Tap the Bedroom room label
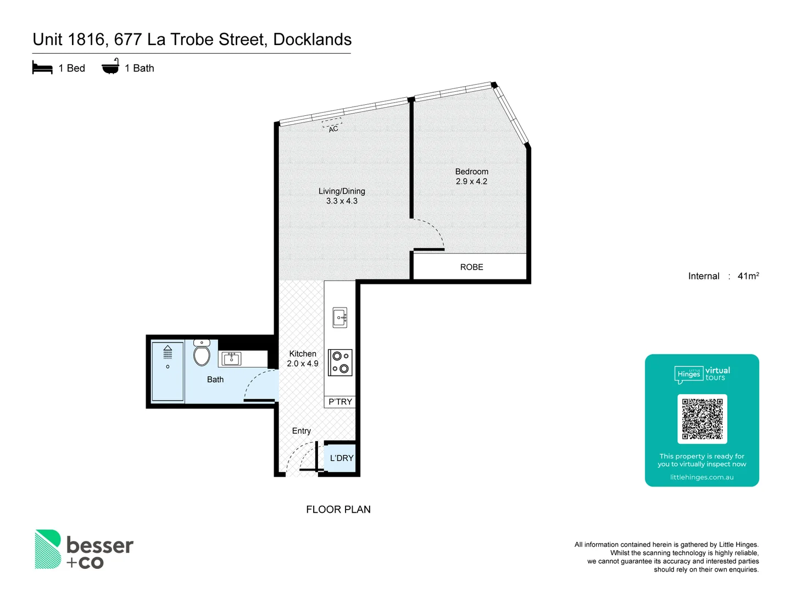471,171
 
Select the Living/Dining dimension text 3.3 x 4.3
342,201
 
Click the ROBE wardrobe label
471,267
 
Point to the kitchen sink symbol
340,317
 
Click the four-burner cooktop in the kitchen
340,362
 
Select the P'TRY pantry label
340,402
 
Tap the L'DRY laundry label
342,458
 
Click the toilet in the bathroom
202,354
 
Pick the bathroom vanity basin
231,359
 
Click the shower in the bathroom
168,372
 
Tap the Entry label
301,431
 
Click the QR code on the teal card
702,419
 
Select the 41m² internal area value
748,276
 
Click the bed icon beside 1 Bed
42,68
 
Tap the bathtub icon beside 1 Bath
110,67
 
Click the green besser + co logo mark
48,549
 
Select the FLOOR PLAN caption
338,510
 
